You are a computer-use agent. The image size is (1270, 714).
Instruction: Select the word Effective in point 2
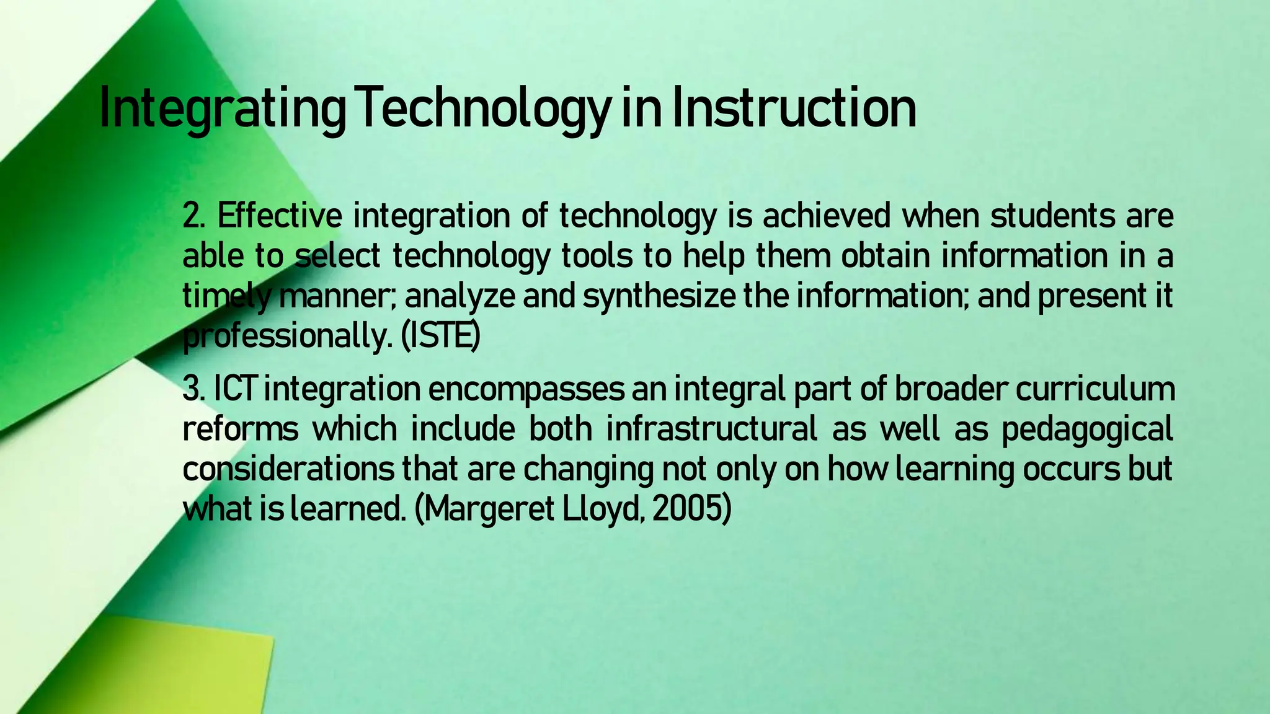pos(279,216)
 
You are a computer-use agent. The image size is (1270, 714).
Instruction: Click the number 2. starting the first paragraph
pos(196,216)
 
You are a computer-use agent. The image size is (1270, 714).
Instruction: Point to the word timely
pos(227,297)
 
